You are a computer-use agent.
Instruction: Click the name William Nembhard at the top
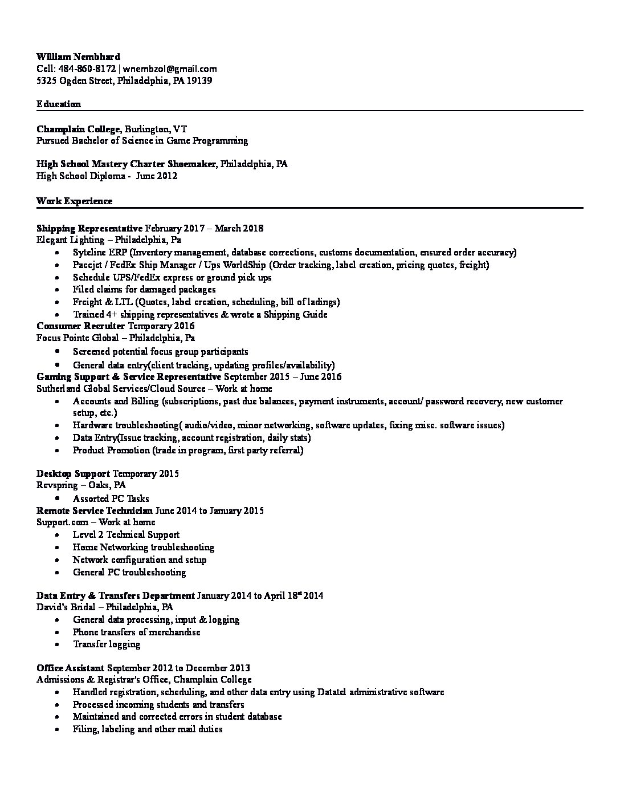(78, 56)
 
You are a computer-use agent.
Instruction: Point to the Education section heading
(58, 104)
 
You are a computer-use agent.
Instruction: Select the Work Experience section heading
(74, 201)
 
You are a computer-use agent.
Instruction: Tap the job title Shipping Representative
(89, 228)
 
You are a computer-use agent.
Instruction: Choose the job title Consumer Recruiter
(80, 326)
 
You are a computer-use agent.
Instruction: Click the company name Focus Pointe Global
(77, 338)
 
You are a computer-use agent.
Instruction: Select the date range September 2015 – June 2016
(283, 376)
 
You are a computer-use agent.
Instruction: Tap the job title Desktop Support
(73, 473)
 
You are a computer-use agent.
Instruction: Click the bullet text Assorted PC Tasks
(111, 498)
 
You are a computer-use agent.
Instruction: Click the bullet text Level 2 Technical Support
(126, 534)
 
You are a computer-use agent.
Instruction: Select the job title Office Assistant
(70, 668)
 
